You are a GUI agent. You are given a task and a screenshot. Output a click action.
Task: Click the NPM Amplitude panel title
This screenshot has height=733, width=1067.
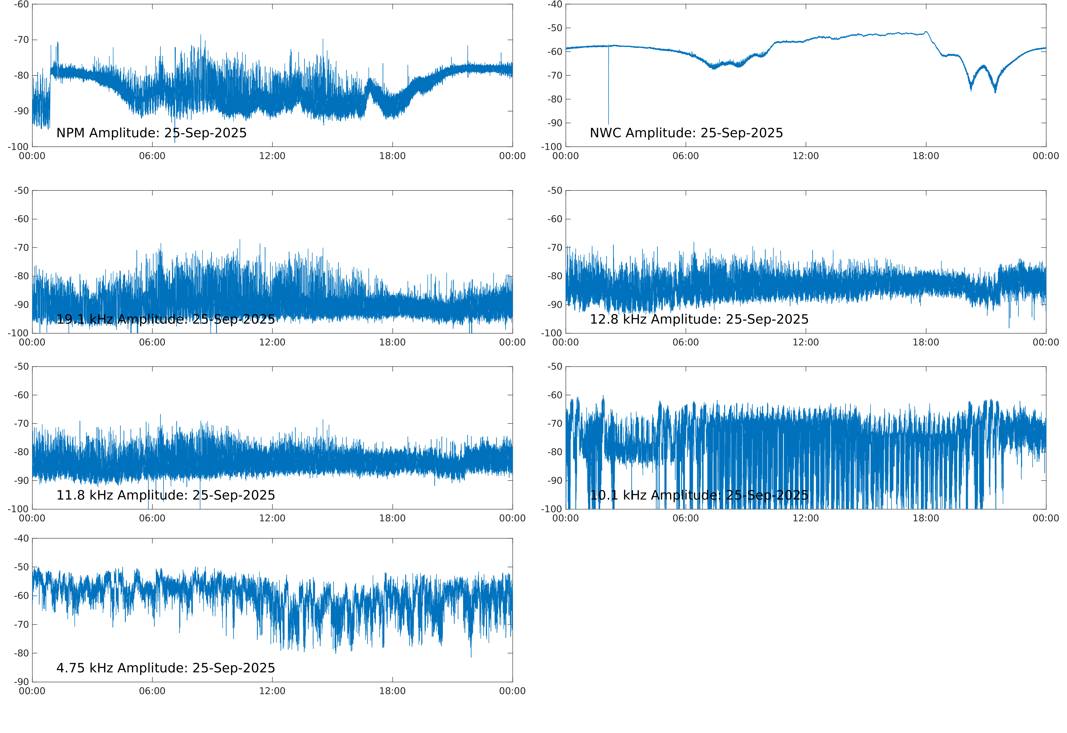coord(151,133)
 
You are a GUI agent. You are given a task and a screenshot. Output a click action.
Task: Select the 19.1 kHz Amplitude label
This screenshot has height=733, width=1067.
coord(165,319)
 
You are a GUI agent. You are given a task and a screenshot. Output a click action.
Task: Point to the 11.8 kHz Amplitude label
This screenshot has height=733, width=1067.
coord(165,495)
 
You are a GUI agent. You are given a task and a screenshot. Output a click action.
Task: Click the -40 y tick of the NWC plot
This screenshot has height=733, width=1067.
coord(555,5)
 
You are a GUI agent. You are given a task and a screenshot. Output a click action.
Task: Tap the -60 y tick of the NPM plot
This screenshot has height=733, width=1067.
coord(21,5)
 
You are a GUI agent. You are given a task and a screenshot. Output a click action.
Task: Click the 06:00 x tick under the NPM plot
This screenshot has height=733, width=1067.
coord(152,156)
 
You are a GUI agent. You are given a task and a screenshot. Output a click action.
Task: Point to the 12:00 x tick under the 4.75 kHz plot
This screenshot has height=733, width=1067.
coord(272,691)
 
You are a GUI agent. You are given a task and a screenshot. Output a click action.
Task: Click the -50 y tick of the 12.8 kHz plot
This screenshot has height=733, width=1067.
coord(555,191)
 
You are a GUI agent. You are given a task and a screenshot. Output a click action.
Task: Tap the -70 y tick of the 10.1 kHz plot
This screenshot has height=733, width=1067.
coord(555,423)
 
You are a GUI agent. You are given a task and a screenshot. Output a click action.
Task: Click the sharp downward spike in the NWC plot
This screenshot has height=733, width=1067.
coord(608,101)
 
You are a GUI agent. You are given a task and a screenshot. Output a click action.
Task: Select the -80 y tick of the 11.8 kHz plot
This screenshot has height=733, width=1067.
coord(21,452)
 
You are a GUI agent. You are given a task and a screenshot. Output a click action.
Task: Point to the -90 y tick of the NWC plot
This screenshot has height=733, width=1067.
coord(555,123)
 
